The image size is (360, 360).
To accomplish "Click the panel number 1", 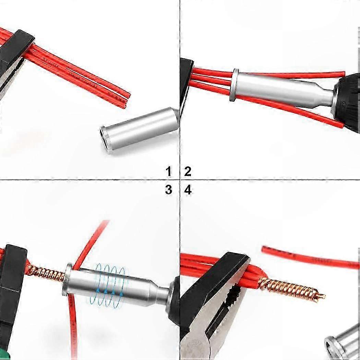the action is (169, 171).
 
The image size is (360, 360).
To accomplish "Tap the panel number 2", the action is (188, 171).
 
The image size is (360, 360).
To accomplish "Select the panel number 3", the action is (169, 190).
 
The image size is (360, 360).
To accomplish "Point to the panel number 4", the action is (188, 190).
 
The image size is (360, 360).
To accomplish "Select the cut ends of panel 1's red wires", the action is (127, 99).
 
